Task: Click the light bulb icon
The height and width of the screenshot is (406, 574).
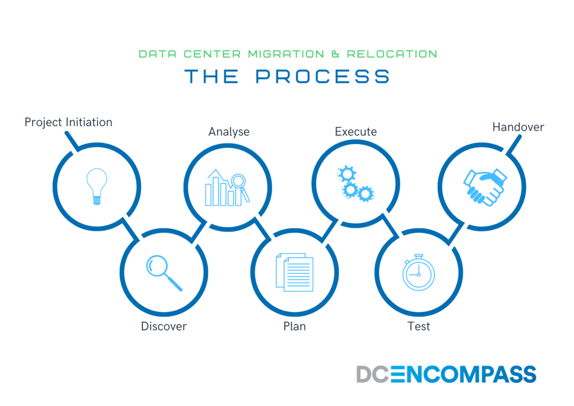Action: click(x=96, y=186)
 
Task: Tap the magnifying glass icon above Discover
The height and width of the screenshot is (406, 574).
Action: click(x=164, y=273)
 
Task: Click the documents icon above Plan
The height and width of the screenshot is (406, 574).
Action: click(x=295, y=272)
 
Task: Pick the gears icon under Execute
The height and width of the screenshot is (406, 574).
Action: click(x=355, y=184)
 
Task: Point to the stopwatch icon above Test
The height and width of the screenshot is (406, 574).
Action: click(x=418, y=273)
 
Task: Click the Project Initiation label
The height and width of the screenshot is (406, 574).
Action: click(x=68, y=122)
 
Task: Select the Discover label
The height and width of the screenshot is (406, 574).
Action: click(x=164, y=326)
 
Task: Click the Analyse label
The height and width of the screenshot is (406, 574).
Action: click(x=229, y=132)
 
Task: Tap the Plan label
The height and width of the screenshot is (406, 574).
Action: click(x=295, y=326)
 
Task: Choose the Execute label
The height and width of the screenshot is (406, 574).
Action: click(x=356, y=132)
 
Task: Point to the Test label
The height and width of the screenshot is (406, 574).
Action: click(x=419, y=326)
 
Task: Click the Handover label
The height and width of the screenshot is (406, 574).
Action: click(x=519, y=127)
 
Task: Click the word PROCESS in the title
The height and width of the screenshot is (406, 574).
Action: click(x=323, y=76)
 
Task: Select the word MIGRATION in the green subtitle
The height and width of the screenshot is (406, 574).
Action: click(x=286, y=54)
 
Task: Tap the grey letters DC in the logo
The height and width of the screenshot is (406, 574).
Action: click(x=373, y=374)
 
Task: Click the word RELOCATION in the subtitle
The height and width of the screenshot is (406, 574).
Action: click(x=392, y=54)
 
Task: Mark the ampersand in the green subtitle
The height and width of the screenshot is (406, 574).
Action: click(x=336, y=54)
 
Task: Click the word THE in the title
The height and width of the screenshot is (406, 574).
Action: click(x=211, y=76)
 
